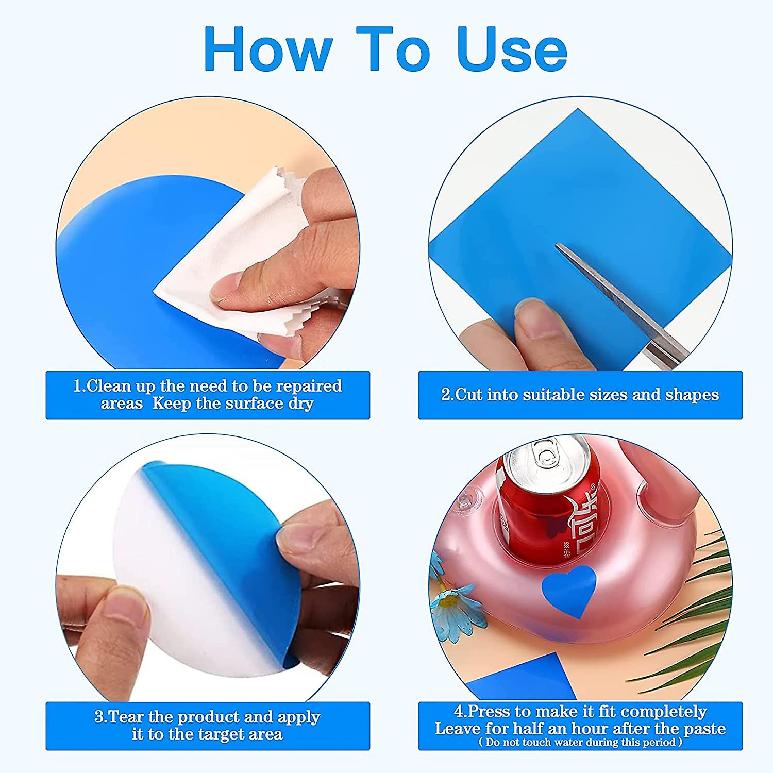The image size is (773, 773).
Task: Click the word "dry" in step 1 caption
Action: coord(300,404)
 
